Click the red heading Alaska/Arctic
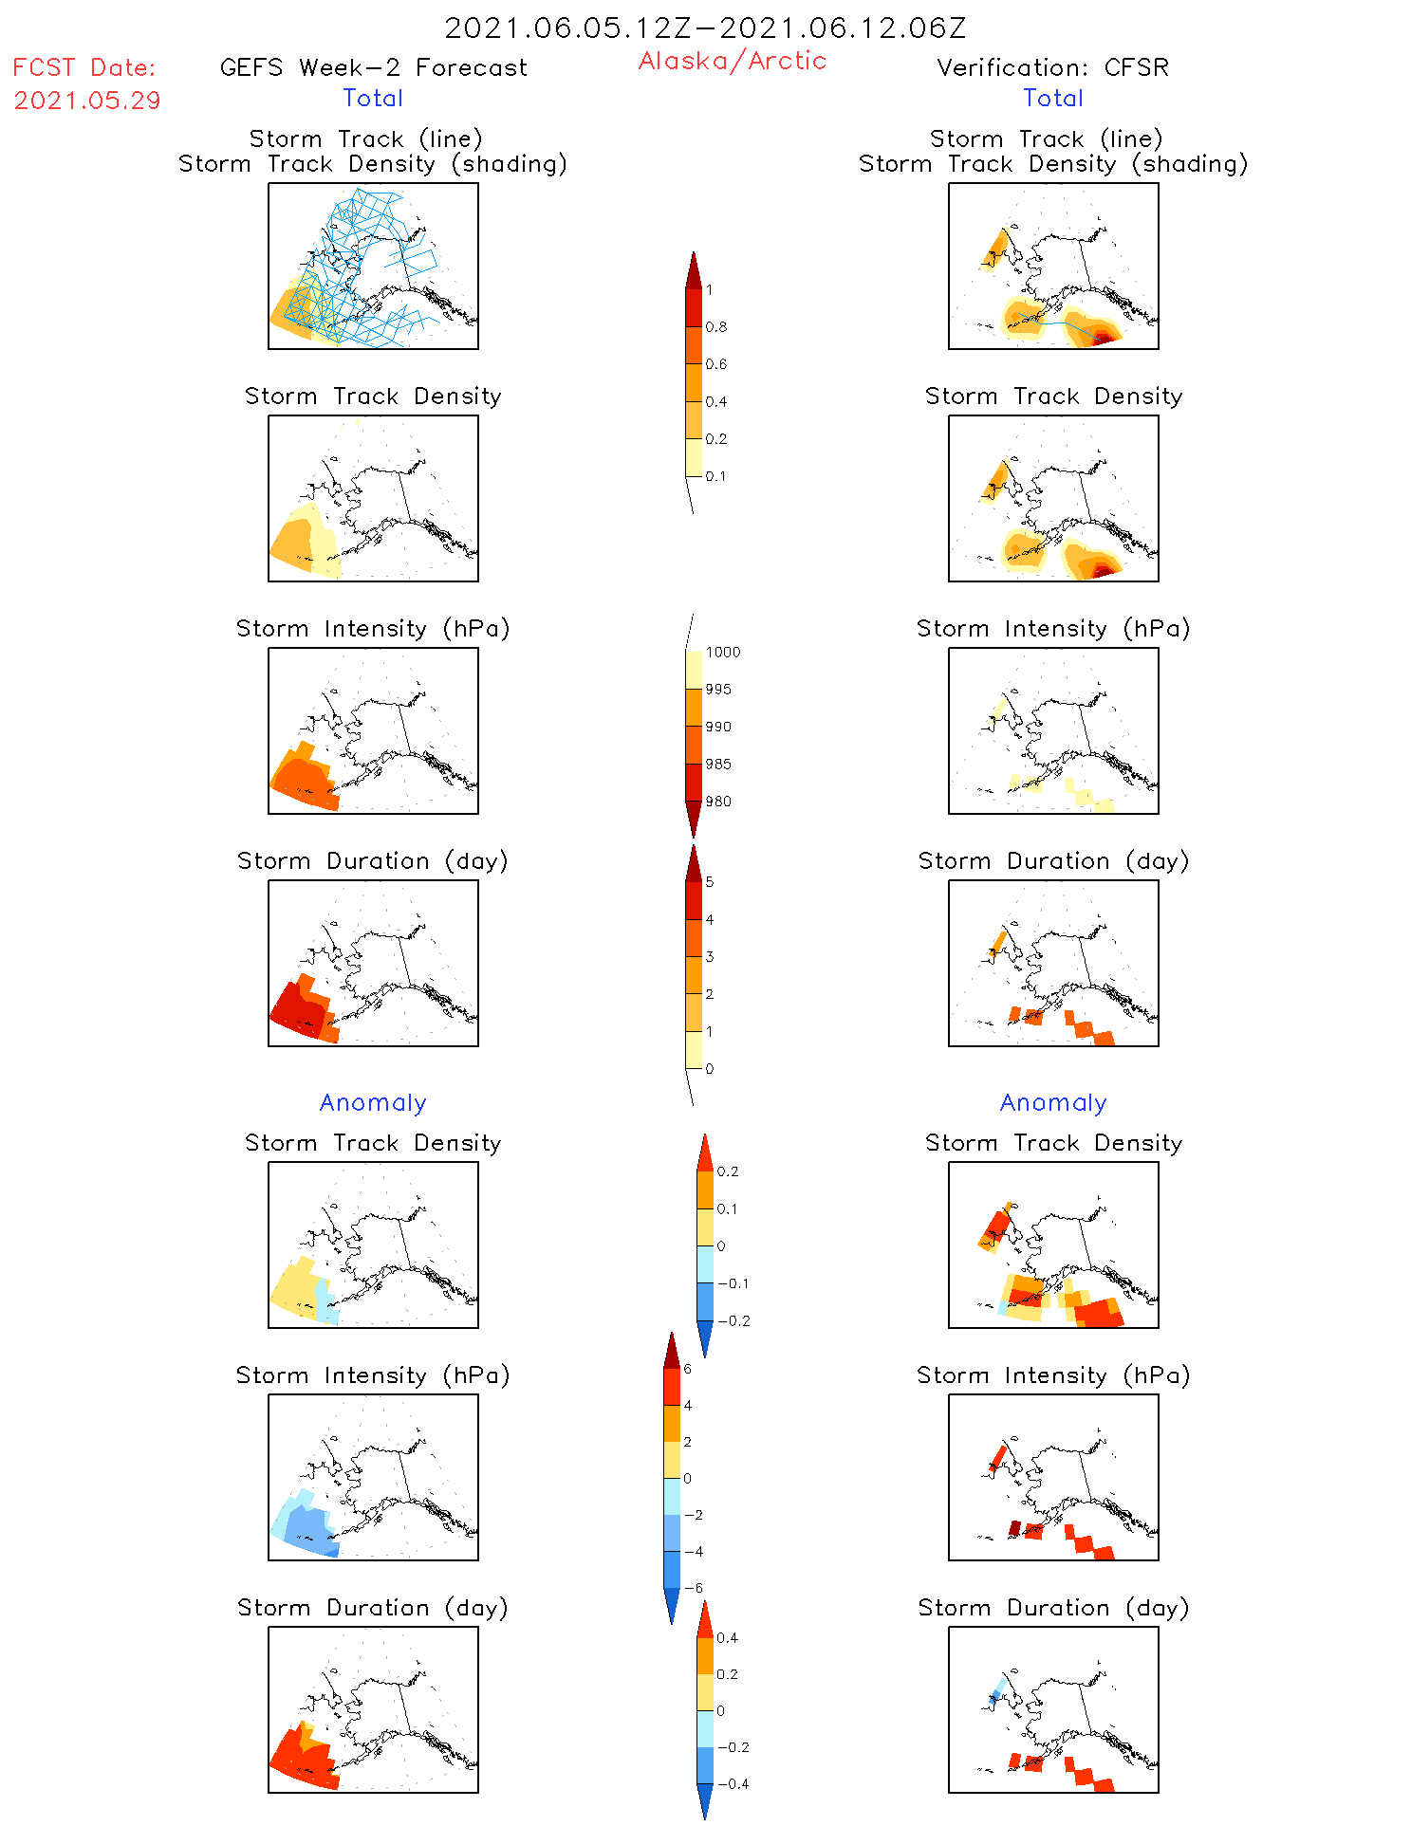732,61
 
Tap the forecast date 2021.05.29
87,101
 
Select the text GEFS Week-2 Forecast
373,67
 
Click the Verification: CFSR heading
1052,67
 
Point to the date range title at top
705,28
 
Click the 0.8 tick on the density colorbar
716,327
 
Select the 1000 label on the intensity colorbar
722,653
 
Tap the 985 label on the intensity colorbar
718,765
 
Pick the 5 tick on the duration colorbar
710,882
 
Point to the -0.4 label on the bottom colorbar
733,1784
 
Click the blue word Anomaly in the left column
373,1102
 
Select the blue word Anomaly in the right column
1053,1102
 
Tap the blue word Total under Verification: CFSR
1053,98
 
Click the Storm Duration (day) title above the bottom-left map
373,1608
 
